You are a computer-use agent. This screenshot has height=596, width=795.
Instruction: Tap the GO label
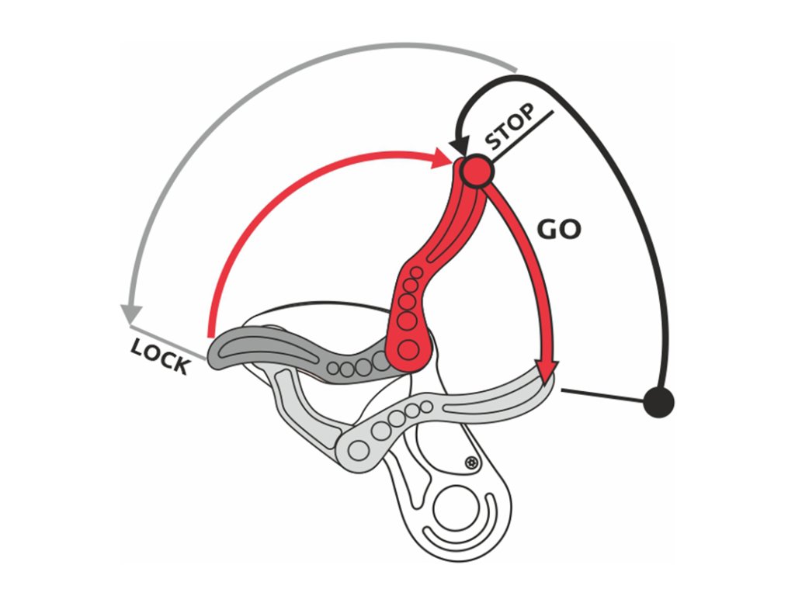559,230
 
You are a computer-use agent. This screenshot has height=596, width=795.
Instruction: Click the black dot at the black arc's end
659,402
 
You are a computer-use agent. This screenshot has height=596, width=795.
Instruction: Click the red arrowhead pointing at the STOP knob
446,158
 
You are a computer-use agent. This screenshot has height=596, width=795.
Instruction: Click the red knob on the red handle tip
476,171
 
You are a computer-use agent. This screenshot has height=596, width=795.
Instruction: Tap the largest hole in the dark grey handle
381,359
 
